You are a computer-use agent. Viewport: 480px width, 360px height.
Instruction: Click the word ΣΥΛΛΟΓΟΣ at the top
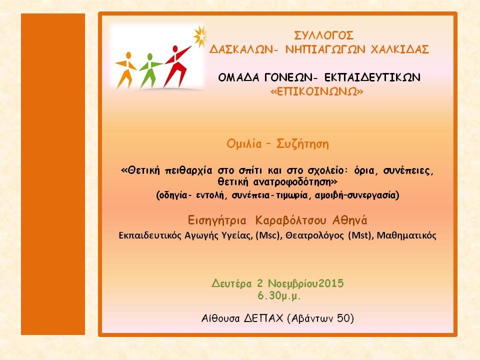[323, 35]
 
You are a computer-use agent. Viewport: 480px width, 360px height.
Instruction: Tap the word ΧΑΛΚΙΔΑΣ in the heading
[400, 49]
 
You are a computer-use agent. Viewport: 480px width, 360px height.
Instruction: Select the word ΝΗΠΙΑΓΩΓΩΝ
[325, 49]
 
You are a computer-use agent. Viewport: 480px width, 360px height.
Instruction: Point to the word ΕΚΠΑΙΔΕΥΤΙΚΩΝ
[372, 77]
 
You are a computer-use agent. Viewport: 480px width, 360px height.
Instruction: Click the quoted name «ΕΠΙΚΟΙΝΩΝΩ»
[317, 91]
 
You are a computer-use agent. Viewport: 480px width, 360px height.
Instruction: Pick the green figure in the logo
[149, 70]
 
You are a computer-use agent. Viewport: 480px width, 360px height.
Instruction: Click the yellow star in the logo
[200, 36]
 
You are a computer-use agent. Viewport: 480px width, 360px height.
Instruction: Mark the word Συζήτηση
[302, 143]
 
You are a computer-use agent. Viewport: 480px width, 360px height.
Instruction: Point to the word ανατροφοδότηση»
[295, 182]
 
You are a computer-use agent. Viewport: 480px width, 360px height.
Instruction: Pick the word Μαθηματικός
[406, 235]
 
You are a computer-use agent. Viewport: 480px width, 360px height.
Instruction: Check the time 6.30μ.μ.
[279, 296]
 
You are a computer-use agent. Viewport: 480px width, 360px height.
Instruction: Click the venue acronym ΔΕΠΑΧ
[263, 318]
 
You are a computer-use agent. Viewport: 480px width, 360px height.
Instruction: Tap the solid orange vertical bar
[53, 174]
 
